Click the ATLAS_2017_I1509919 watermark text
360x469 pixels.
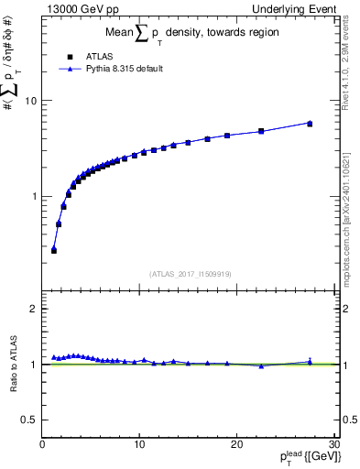click(x=191, y=273)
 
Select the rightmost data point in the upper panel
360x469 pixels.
click(x=310, y=123)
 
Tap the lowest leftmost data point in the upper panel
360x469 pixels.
click(x=54, y=249)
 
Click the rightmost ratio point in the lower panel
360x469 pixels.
click(x=310, y=362)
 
